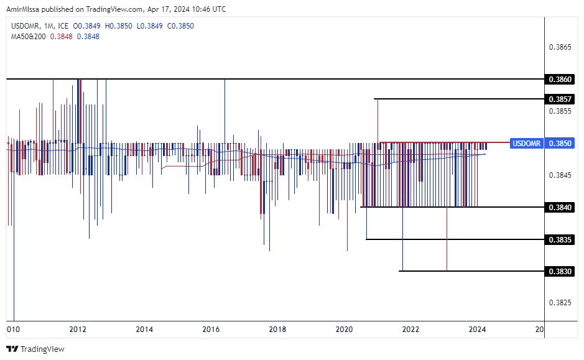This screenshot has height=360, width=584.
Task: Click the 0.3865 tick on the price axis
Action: tap(560, 47)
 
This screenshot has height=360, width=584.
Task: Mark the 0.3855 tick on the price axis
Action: tap(560, 111)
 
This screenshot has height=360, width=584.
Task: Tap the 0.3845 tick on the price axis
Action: tap(560, 175)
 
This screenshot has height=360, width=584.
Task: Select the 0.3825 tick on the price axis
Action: tap(560, 303)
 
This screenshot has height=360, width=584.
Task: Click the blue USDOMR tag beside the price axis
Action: tap(526, 143)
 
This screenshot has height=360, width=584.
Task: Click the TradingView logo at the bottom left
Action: tap(35, 349)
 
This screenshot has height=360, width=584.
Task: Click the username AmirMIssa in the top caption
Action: tap(27, 9)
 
